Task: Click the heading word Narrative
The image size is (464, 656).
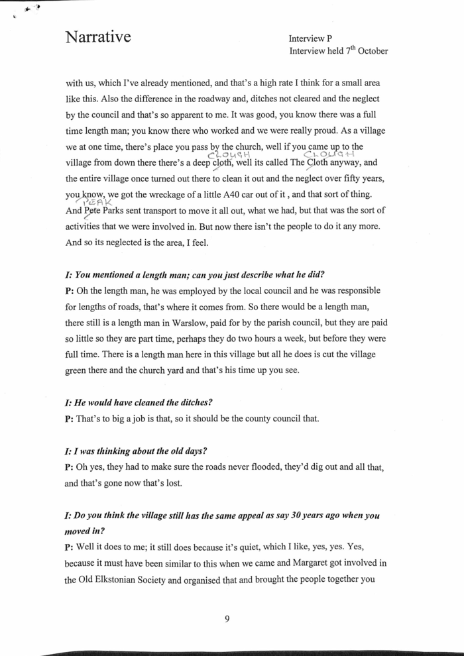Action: tap(97, 37)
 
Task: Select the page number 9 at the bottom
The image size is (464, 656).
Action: tap(227, 619)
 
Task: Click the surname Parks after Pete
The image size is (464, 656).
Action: tap(123, 211)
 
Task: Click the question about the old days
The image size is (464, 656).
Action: tap(136, 451)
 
